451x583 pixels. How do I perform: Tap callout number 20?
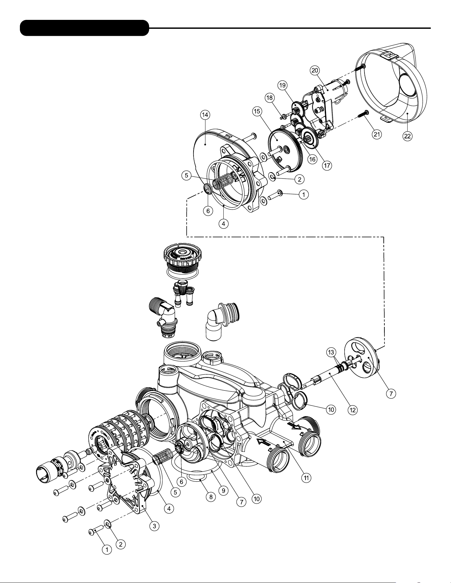[x=314, y=70]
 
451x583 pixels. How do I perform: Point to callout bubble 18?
[x=270, y=98]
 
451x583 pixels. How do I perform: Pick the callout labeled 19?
[x=282, y=85]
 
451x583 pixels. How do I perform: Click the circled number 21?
[x=376, y=134]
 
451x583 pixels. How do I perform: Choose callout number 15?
[x=256, y=112]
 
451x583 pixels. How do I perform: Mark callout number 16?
[x=312, y=159]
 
